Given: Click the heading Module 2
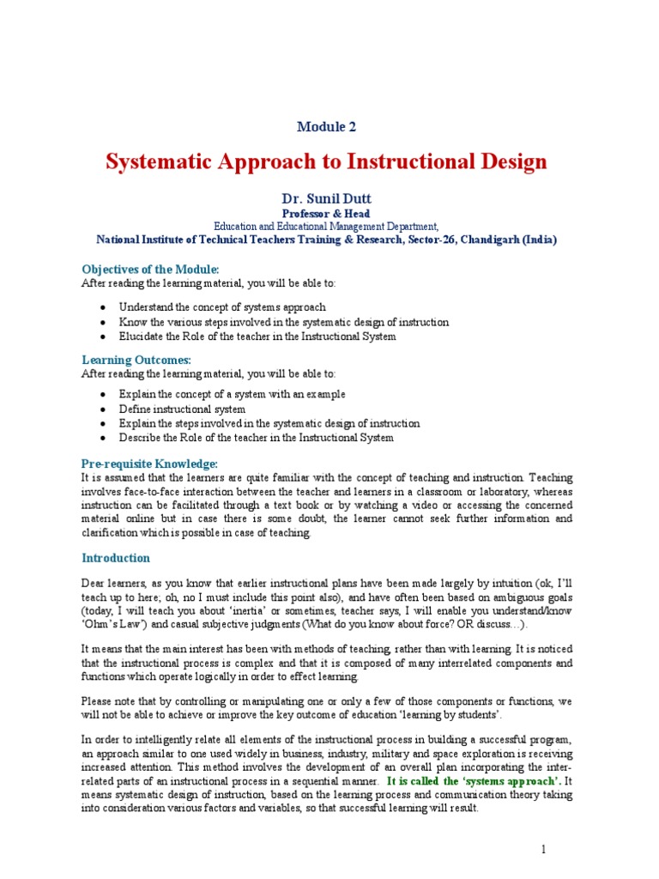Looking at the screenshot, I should pyautogui.click(x=326, y=127).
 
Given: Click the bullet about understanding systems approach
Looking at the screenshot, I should pyautogui.click(x=222, y=306).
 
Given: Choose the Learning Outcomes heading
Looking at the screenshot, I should pyautogui.click(x=136, y=360).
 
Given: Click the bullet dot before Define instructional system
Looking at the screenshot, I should pyautogui.click(x=103, y=409).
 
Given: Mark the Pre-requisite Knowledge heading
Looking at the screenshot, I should pyautogui.click(x=149, y=464).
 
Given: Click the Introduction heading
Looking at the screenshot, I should pyautogui.click(x=116, y=558).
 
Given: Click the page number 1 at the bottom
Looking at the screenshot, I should pyautogui.click(x=543, y=849).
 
